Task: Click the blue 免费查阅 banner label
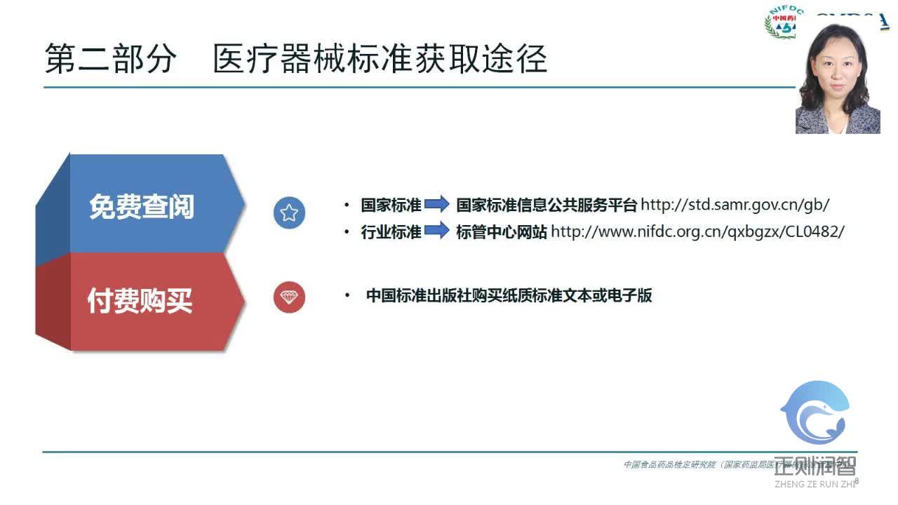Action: [142, 206]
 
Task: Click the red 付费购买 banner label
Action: [140, 300]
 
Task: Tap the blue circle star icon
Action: [289, 213]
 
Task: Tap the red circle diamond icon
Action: [289, 297]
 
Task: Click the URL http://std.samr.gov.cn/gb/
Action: [735, 205]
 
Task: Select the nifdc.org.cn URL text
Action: [697, 232]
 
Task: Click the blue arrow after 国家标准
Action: [437, 205]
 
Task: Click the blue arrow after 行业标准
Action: [437, 231]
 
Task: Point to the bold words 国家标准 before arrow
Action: [391, 205]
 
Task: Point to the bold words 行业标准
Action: [391, 232]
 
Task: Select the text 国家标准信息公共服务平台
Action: [547, 205]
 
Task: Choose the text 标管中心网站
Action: [502, 232]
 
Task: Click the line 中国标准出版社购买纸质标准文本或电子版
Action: [509, 296]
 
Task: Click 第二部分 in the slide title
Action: [109, 59]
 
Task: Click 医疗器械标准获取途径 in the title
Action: [380, 59]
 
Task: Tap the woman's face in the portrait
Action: [838, 66]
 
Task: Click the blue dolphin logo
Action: [816, 414]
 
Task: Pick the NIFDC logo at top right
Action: [780, 22]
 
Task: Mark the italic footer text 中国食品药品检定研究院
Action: [670, 464]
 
